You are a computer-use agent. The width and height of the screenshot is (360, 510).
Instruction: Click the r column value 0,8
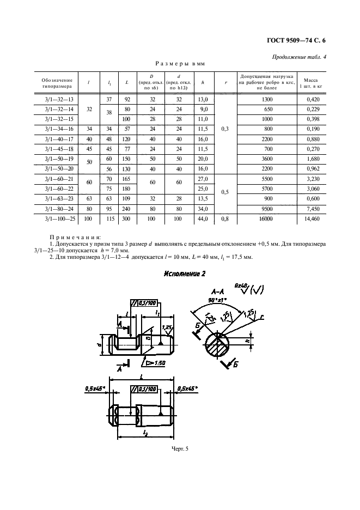coord(225,218)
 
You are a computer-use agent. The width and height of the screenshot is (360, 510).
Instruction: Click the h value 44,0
coord(203,218)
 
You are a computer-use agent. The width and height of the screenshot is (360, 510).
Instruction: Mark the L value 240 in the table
coord(127,208)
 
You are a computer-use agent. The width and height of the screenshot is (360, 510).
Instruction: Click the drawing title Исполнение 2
coord(184,274)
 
